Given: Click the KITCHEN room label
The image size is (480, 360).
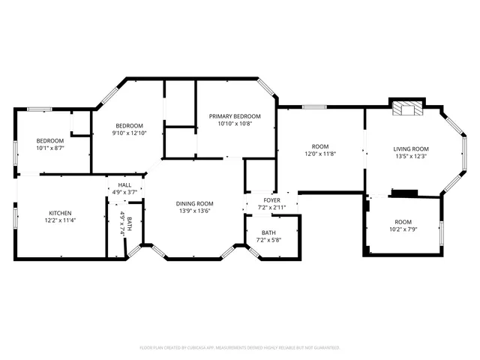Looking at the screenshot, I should pos(60,213).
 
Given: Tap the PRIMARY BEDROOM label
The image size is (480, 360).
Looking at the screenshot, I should pos(235,116).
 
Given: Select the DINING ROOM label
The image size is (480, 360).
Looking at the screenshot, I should pos(195,203).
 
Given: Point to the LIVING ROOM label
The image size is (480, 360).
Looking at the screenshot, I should pos(411,148).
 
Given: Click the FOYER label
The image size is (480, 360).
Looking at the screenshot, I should pos(271,200).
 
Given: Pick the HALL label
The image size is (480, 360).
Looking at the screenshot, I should pos(124,184).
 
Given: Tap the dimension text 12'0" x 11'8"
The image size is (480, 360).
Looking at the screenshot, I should pos(320,154).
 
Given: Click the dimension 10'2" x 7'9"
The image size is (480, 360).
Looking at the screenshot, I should pos(404,229).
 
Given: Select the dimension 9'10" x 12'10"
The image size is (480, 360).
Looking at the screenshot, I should pos(129,133).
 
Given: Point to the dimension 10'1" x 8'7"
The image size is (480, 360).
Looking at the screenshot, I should pos(51,148).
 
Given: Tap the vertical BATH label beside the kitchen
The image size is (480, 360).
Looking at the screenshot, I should pos(129,223).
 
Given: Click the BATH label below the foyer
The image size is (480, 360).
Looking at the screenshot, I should pos(268,232).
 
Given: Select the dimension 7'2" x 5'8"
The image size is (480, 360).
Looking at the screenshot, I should pos(268,240).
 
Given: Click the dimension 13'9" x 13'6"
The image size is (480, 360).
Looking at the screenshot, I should pos(195,211).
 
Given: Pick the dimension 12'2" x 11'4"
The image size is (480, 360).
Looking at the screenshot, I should pos(60,220).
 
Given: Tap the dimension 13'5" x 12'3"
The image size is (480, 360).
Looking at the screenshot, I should pos(411,156).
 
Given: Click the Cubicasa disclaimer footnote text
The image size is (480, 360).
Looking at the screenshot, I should pos(240,348).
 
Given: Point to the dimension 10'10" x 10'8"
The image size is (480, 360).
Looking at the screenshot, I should pos(235,124).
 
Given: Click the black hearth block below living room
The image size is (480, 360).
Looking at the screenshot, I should pos(404,193).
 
